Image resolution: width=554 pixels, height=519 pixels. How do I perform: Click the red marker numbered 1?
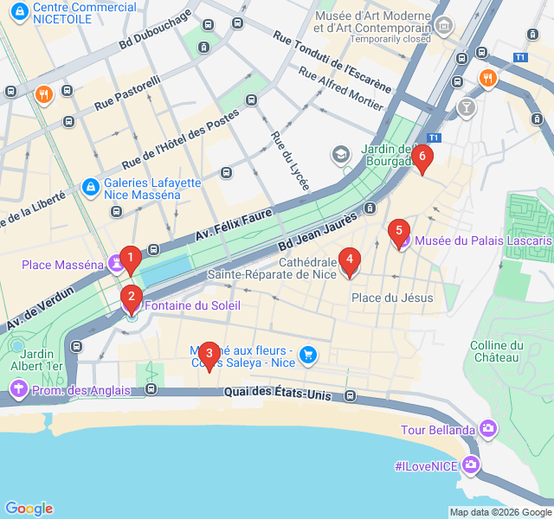[x=130, y=258]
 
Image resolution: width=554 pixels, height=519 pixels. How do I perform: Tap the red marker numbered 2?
[x=131, y=298]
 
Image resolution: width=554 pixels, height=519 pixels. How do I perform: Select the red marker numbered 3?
[x=208, y=354]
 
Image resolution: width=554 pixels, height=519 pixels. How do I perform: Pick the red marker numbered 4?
[x=349, y=259]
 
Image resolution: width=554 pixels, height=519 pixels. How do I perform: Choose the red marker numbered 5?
[x=398, y=231]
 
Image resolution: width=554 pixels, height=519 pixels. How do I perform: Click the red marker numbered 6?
[x=422, y=157]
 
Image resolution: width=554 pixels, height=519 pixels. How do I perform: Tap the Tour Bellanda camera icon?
[x=489, y=429]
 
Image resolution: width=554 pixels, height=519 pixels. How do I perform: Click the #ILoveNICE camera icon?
[x=471, y=465]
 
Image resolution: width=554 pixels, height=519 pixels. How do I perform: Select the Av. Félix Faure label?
[x=234, y=223]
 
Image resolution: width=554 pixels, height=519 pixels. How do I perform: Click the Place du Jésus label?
[x=392, y=298]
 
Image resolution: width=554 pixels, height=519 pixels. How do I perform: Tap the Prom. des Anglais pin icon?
[x=17, y=390]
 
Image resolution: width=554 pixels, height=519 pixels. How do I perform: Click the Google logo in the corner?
[x=29, y=509]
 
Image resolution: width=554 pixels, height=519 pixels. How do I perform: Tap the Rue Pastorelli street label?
[x=128, y=93]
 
